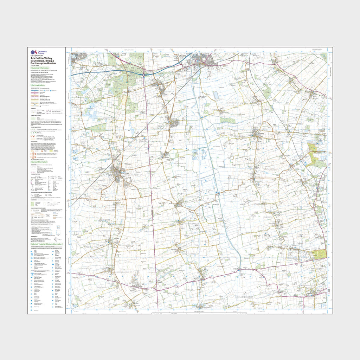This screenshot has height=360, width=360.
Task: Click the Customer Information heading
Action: tap(40, 68)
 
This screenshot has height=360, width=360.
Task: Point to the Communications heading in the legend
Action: tap(38, 85)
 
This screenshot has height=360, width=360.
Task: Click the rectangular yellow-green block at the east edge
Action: tap(319, 255)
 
